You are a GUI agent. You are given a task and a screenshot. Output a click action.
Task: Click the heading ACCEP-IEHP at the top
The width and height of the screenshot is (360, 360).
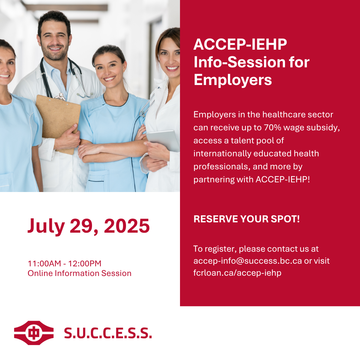(240, 44)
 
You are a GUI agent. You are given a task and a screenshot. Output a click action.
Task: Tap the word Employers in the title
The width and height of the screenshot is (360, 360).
(233, 80)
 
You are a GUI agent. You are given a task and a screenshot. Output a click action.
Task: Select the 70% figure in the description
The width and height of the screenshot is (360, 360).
(273, 127)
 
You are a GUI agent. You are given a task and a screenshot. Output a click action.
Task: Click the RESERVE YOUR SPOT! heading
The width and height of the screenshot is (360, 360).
(247, 219)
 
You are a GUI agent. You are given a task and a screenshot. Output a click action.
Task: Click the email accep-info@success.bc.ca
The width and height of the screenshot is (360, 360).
(247, 261)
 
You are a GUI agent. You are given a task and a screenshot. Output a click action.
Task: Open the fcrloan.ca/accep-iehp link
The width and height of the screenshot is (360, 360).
(237, 273)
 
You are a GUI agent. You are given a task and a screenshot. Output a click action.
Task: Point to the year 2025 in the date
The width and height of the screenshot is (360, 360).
(127, 226)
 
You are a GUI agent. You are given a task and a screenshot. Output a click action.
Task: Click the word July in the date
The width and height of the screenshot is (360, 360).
(46, 226)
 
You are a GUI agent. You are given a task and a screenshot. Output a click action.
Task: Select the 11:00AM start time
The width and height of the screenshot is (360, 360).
(45, 263)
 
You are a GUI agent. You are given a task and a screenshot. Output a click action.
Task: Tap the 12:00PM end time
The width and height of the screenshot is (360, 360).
(85, 263)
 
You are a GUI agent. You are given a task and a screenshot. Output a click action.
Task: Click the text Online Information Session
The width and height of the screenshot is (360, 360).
(79, 273)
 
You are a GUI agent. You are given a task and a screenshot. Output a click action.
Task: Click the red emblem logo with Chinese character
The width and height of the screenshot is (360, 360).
(34, 333)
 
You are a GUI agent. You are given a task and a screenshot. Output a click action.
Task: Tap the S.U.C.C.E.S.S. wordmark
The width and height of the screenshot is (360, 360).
(108, 333)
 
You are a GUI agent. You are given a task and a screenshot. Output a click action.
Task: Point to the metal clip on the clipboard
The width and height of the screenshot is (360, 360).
(60, 97)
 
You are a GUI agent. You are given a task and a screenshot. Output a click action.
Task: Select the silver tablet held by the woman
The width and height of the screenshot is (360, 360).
(163, 140)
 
